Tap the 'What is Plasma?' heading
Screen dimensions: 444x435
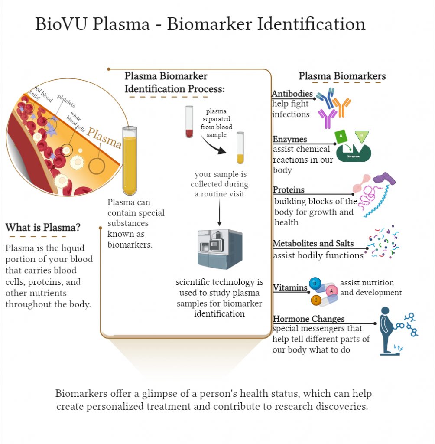pos(43,227)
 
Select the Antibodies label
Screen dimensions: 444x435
pos(292,94)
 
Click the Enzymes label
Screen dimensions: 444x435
pos(290,139)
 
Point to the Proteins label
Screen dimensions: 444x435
pos(289,190)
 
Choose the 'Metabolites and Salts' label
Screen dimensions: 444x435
pos(313,243)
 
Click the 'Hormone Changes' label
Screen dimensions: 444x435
pos(308,319)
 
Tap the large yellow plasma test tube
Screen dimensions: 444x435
pos(130,160)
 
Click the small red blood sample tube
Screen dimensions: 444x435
pos(189,122)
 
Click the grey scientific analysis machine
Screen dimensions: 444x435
pos(219,248)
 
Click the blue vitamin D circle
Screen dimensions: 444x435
pos(315,284)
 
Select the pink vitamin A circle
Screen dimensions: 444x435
pos(331,291)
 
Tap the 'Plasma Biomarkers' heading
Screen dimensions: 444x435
pos(342,76)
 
